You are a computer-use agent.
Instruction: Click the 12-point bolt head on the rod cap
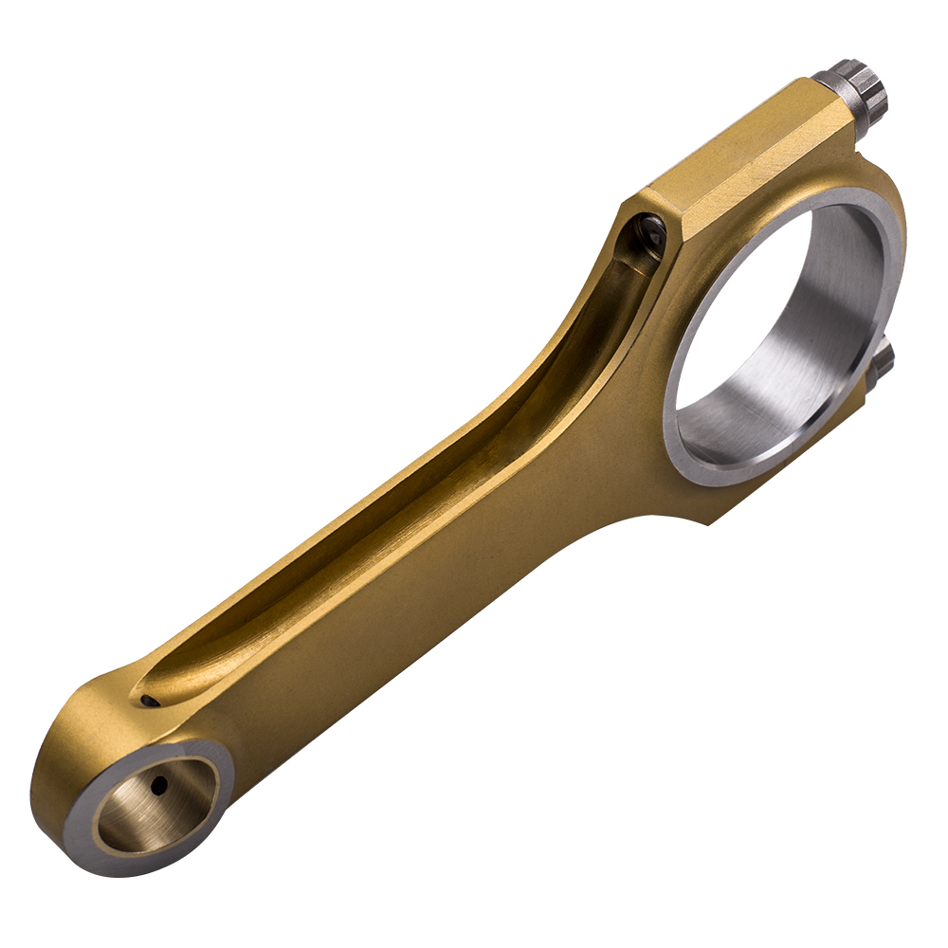(864, 85)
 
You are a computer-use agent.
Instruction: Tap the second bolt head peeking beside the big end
(882, 366)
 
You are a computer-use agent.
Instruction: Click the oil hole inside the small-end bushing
(159, 784)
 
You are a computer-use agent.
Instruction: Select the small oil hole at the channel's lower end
(148, 701)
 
